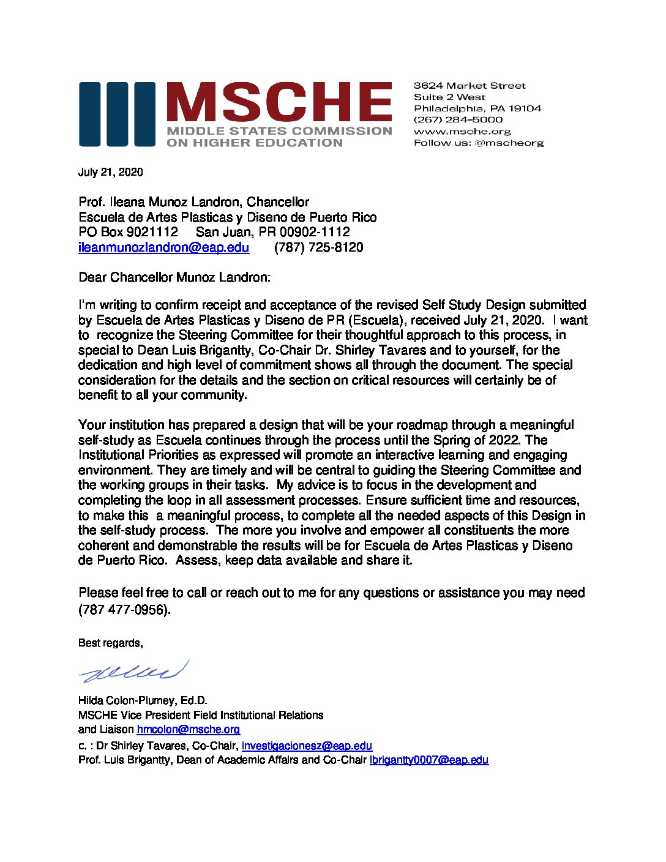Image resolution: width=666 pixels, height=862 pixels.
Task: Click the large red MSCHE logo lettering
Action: (x=279, y=102)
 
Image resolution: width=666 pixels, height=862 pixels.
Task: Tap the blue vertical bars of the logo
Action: (x=116, y=114)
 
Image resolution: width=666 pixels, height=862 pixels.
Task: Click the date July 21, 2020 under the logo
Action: (x=111, y=172)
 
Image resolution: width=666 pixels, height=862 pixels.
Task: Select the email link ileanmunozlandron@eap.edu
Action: (x=163, y=247)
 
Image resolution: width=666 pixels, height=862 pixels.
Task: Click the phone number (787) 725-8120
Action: (x=318, y=247)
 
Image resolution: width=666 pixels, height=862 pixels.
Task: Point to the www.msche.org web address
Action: (x=462, y=131)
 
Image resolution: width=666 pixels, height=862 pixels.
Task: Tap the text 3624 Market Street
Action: (x=470, y=86)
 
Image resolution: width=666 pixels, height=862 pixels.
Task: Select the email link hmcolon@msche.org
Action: (x=188, y=729)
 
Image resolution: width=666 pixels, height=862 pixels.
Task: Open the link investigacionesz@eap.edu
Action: (x=307, y=746)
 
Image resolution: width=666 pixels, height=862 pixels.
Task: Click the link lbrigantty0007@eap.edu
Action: (x=428, y=760)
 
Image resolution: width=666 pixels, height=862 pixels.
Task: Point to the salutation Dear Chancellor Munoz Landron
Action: (x=174, y=277)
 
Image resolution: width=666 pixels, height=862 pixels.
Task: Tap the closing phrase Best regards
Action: (x=110, y=643)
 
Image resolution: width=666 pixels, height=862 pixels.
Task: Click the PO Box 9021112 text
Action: (x=128, y=232)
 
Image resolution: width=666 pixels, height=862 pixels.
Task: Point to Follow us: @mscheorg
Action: (x=478, y=143)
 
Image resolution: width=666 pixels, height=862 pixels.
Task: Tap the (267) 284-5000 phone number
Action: (x=458, y=119)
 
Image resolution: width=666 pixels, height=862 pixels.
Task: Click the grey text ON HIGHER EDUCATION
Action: (x=255, y=143)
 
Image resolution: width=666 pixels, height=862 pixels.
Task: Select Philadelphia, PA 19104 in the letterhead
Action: (x=477, y=108)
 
